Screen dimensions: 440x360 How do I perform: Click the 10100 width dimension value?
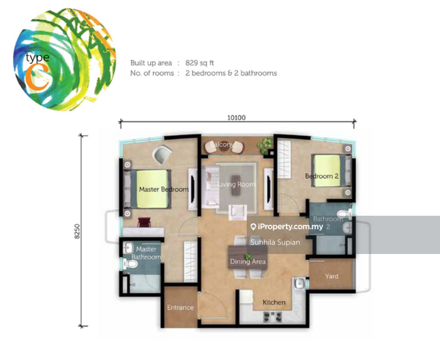[236, 117]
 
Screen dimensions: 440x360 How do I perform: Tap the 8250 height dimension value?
[77, 232]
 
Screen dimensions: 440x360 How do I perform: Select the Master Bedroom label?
[164, 189]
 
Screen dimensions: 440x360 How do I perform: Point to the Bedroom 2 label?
[321, 176]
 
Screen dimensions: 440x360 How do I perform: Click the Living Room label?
[237, 184]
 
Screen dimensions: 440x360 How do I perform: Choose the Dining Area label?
[248, 261]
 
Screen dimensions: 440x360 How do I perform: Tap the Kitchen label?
[274, 303]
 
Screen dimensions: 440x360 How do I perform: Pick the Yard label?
[332, 276]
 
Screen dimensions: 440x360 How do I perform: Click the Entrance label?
[180, 308]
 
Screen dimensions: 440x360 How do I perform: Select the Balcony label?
[222, 144]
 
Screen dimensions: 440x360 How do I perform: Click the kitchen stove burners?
[272, 317]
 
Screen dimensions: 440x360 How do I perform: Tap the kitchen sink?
[300, 283]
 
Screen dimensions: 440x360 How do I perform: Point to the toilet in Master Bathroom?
[131, 264]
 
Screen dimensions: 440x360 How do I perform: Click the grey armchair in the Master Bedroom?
[162, 155]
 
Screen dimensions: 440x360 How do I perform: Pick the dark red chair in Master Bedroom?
[144, 222]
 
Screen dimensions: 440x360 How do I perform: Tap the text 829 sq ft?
[200, 63]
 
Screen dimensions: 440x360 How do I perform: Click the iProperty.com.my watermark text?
[290, 226]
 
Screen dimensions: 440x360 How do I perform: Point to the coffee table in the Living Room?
[236, 185]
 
